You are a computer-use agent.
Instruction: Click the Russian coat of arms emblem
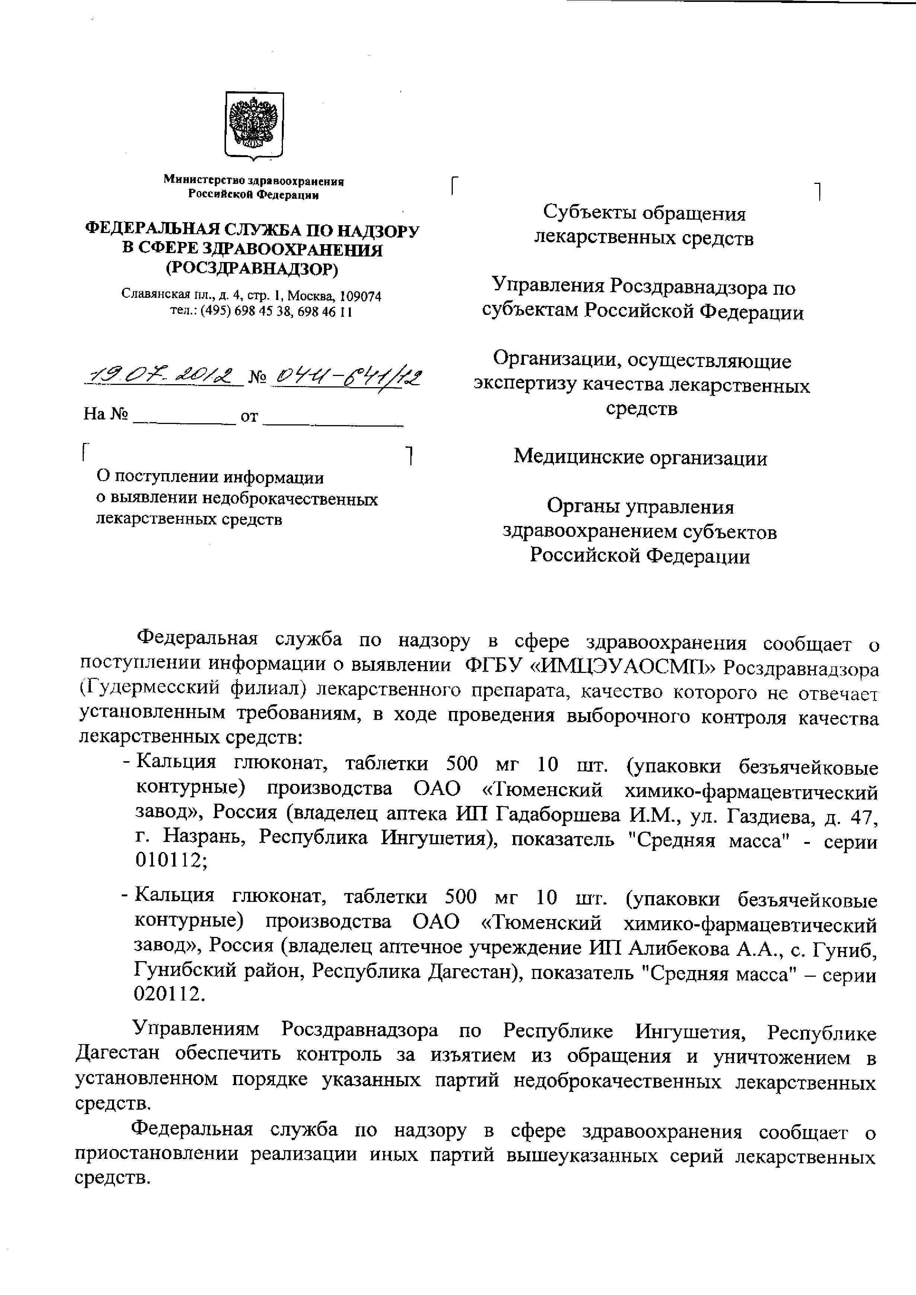tap(254, 125)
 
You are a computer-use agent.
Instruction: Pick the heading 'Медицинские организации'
tap(640, 457)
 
